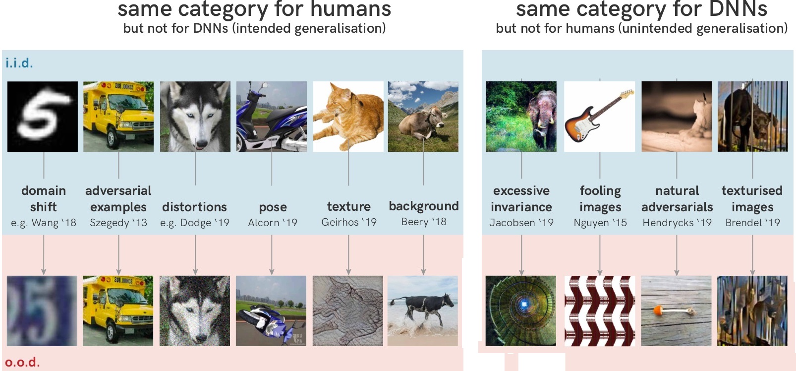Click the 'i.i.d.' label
pyautogui.click(x=19, y=63)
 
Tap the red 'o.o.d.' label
pyautogui.click(x=22, y=362)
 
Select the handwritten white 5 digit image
pyautogui.click(x=42, y=117)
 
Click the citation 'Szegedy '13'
pyautogui.click(x=118, y=223)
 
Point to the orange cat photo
pyautogui.click(x=348, y=117)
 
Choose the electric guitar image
pyautogui.click(x=600, y=117)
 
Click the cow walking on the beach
pyautogui.click(x=423, y=311)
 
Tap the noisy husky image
pyautogui.click(x=195, y=311)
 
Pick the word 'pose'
pyautogui.click(x=273, y=207)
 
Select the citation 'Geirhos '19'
pyautogui.click(x=349, y=222)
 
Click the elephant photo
pyautogui.click(x=521, y=117)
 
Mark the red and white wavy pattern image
pyautogui.click(x=600, y=311)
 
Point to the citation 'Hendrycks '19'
pyautogui.click(x=677, y=223)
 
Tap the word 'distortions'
pyautogui.click(x=194, y=207)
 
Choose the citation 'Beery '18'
pyautogui.click(x=424, y=222)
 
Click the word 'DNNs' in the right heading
pyautogui.click(x=738, y=9)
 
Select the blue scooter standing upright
pyautogui.click(x=272, y=117)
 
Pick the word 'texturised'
pyautogui.click(x=752, y=190)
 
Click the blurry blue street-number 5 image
pyautogui.click(x=42, y=311)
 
